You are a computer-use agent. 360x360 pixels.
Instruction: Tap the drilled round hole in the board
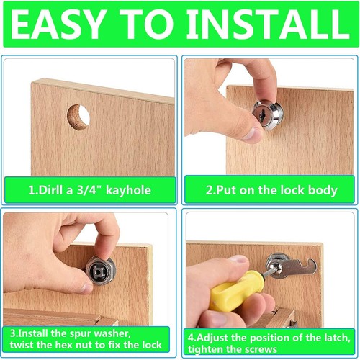point(78,117)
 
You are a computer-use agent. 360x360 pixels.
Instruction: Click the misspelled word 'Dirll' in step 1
point(52,191)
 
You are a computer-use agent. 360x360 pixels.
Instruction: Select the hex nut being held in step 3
point(100,269)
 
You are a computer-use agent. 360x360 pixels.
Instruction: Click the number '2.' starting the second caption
point(210,191)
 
